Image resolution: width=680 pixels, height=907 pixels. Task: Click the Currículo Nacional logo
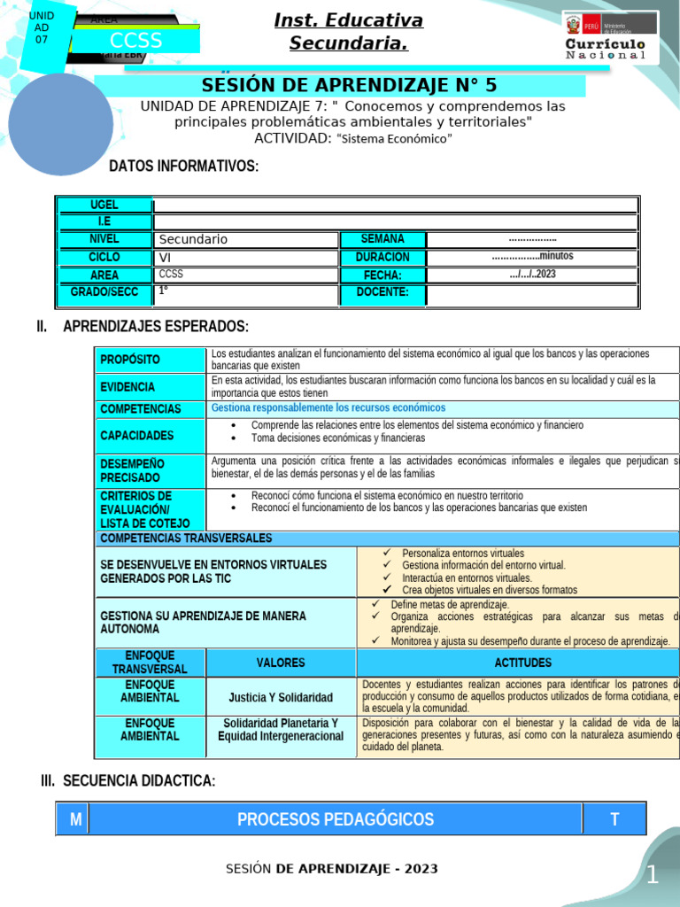(x=610, y=37)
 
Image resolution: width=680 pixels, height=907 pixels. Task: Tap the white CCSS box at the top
(x=135, y=42)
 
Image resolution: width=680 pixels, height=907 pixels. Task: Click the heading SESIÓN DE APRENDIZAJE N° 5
(x=351, y=85)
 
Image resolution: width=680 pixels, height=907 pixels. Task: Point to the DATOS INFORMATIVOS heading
(x=183, y=167)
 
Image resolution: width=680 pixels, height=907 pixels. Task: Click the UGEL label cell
(x=104, y=205)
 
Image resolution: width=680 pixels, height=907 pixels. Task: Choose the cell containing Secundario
(x=246, y=239)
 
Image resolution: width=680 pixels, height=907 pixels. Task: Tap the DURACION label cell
(x=382, y=257)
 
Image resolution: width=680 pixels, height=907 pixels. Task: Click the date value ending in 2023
(x=532, y=275)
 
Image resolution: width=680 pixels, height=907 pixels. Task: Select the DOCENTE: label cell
(x=382, y=292)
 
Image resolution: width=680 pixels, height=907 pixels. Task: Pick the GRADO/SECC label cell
(x=104, y=292)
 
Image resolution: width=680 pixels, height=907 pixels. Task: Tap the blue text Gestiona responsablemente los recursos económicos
(x=328, y=408)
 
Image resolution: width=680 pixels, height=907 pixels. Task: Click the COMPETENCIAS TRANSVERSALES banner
(x=187, y=539)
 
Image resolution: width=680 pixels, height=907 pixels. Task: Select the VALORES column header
(x=281, y=663)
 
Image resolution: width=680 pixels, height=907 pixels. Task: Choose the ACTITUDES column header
(x=522, y=663)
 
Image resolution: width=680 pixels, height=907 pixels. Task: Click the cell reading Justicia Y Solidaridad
(x=281, y=697)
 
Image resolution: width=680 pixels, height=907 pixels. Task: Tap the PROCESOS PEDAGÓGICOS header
(x=336, y=819)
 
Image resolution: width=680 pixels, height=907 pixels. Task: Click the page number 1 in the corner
(x=653, y=876)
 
